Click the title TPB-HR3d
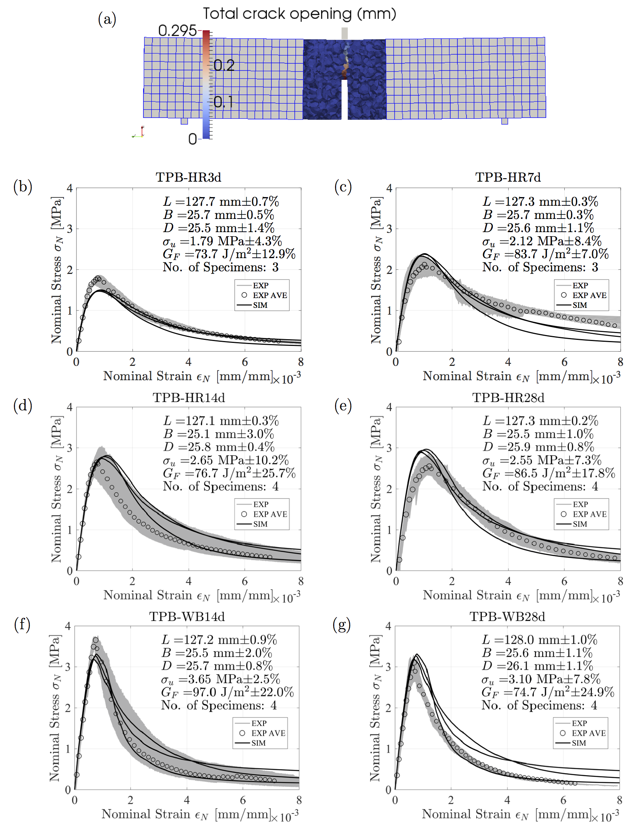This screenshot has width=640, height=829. (x=188, y=177)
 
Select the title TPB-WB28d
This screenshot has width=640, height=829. (x=507, y=616)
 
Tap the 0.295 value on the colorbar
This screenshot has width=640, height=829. (x=177, y=31)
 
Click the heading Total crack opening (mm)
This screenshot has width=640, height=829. (x=299, y=14)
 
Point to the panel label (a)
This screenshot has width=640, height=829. (x=107, y=19)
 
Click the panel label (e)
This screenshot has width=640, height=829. (x=343, y=406)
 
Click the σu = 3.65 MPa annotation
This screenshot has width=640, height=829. (x=220, y=679)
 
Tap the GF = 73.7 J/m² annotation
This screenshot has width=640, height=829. (x=229, y=254)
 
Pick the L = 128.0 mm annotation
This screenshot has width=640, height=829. (x=539, y=639)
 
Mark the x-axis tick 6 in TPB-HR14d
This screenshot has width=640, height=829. (x=245, y=581)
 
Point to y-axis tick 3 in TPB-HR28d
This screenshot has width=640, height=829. (x=389, y=448)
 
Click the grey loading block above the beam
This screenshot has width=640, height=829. (x=344, y=33)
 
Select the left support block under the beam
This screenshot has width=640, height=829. (x=184, y=121)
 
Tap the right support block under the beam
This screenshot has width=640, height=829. (x=504, y=121)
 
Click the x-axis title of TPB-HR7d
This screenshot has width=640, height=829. (x=521, y=376)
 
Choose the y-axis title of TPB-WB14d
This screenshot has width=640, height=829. (x=55, y=708)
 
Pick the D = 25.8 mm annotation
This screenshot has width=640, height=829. (x=218, y=447)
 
